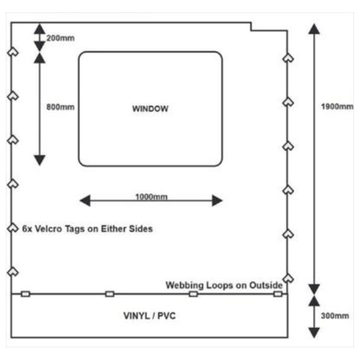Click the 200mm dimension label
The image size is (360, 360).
pyautogui.click(x=61, y=38)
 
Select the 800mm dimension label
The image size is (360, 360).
pyautogui.click(x=61, y=107)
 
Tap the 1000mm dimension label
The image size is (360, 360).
pyautogui.click(x=152, y=197)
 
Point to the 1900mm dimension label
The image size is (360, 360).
pyautogui.click(x=337, y=107)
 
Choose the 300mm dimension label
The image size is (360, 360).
pyautogui.click(x=335, y=316)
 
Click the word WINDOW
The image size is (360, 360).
pyautogui.click(x=151, y=109)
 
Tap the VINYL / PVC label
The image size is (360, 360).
pyautogui.click(x=149, y=316)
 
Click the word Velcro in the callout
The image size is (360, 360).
pyautogui.click(x=49, y=229)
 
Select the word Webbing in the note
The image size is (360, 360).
pyautogui.click(x=185, y=286)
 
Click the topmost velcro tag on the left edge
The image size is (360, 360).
pyautogui.click(x=13, y=52)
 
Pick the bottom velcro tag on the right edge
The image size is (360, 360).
pyautogui.click(x=289, y=278)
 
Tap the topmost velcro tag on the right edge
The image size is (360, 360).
pyautogui.click(x=289, y=58)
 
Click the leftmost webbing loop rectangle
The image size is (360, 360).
pyautogui.click(x=25, y=294)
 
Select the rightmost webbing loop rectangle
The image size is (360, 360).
pyautogui.click(x=278, y=294)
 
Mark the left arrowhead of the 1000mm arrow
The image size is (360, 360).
pyautogui.click(x=85, y=200)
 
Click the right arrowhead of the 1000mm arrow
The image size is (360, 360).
pyautogui.click(x=217, y=200)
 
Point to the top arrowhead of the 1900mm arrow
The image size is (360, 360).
pyautogui.click(x=314, y=29)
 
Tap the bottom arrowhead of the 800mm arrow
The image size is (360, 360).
pyautogui.click(x=40, y=160)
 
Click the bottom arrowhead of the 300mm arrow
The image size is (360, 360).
pyautogui.click(x=314, y=333)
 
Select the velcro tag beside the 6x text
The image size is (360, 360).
pyautogui.click(x=13, y=228)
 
